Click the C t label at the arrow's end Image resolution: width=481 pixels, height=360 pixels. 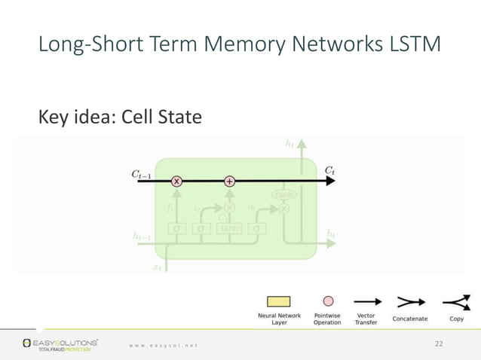329,171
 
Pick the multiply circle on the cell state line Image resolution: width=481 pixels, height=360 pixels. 177,182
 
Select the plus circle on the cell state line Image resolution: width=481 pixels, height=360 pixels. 230,182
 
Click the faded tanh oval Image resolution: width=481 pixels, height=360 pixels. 283,195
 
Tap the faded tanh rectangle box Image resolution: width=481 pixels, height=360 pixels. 228,228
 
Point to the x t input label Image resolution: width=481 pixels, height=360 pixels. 158,266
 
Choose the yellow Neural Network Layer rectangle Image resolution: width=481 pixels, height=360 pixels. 279,302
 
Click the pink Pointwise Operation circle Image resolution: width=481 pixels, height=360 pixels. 327,301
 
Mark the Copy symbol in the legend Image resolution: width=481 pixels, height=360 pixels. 456,302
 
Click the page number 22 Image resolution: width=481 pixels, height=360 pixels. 440,344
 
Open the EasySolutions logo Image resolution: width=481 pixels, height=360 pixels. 60,345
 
